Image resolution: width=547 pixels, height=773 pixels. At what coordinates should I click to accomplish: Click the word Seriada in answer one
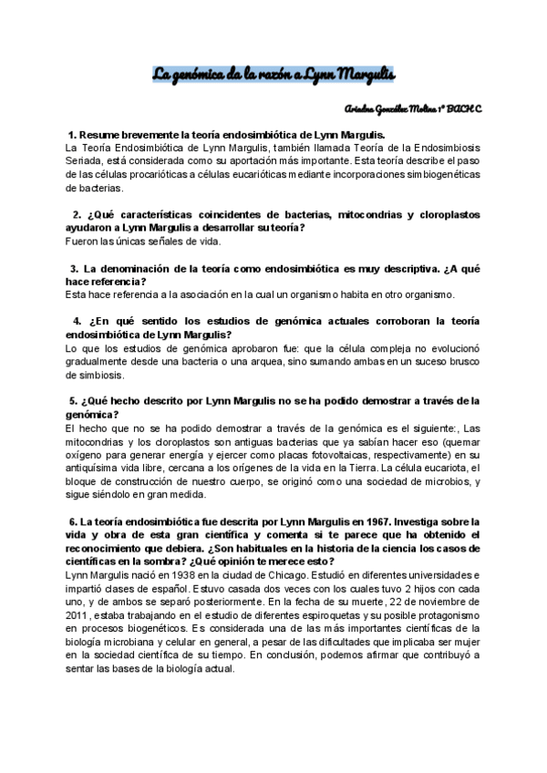(86, 160)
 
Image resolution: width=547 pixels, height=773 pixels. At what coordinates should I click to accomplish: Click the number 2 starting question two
(77, 214)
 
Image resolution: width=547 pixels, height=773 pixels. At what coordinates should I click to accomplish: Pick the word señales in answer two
(162, 242)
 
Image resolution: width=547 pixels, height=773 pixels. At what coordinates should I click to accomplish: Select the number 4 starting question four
(76, 321)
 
